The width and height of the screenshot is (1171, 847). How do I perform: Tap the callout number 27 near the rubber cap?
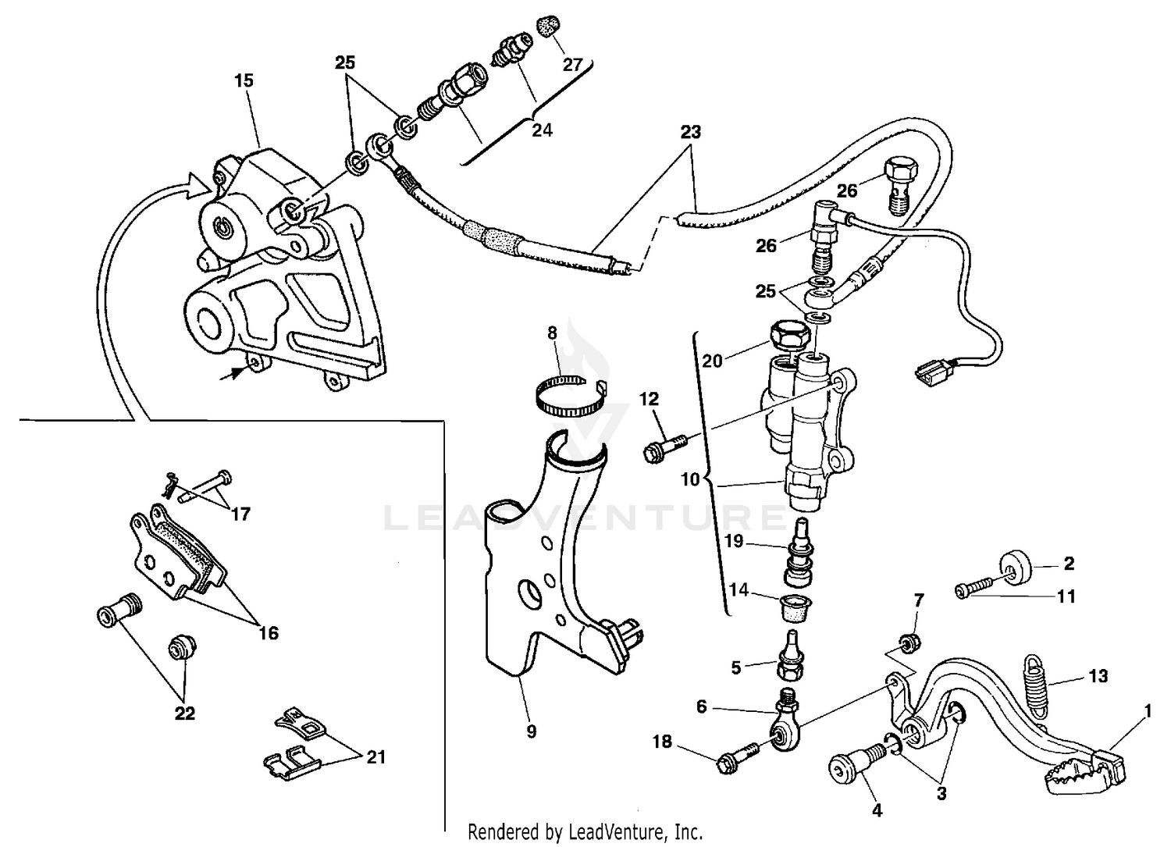(572, 65)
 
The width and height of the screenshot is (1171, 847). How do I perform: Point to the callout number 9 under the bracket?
(531, 731)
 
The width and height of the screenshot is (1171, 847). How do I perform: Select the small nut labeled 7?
(908, 645)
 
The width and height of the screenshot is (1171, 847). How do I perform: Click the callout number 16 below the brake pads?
(268, 633)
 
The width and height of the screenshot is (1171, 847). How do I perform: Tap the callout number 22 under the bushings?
(184, 713)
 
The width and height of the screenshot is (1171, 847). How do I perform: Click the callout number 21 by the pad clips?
(376, 757)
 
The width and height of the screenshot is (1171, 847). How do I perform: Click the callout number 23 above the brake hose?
(690, 132)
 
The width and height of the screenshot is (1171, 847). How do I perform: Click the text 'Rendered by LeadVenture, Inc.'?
(585, 831)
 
